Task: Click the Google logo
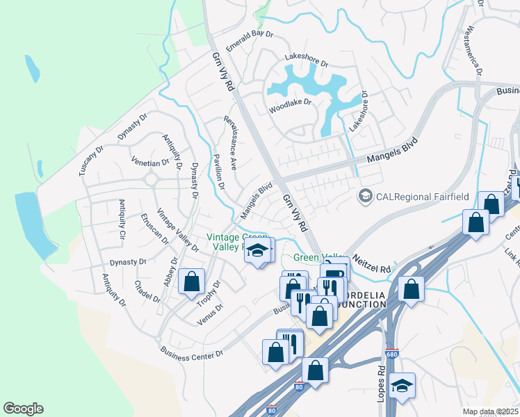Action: point(23,409)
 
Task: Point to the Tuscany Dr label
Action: point(91,160)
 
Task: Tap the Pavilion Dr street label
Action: point(219,172)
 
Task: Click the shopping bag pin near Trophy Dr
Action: point(191,282)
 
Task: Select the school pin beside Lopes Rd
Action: point(403,386)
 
